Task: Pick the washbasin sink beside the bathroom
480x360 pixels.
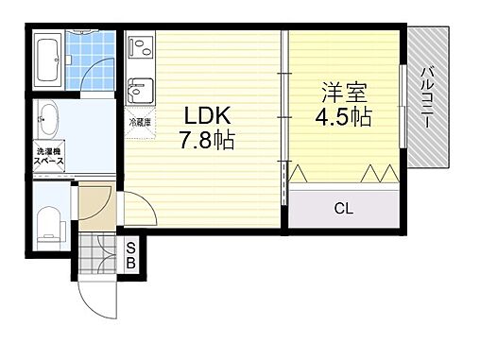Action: click(x=49, y=120)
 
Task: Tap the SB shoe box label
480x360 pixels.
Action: click(x=131, y=254)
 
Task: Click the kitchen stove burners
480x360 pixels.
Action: click(x=139, y=46)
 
